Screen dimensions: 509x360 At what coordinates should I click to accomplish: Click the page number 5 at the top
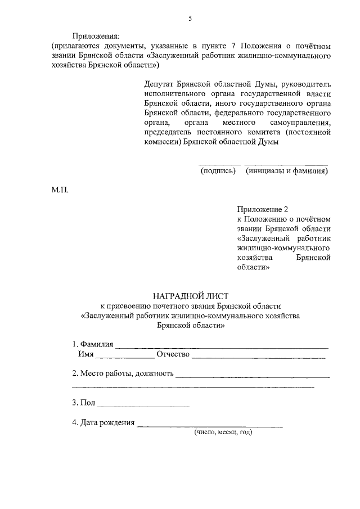[x=190, y=19]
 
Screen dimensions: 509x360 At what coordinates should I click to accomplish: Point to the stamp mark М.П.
[x=60, y=190]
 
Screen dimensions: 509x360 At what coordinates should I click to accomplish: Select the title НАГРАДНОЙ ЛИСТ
[x=191, y=295]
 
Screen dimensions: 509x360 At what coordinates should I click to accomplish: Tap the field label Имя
[x=85, y=354]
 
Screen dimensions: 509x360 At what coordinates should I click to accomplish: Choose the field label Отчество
[x=173, y=354]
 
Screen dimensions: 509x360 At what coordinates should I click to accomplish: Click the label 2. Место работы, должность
[x=123, y=374]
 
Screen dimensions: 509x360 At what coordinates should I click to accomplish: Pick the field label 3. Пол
[x=84, y=403]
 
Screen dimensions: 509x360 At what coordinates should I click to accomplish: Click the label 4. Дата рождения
[x=103, y=423]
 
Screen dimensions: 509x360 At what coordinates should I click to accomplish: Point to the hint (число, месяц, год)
[x=223, y=432]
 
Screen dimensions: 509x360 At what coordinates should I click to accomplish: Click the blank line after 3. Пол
[x=143, y=406]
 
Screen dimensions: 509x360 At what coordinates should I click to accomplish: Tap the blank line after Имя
[x=125, y=357]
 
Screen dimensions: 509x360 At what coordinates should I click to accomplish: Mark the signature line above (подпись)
[x=220, y=164]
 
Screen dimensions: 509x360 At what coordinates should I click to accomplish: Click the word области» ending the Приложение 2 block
[x=254, y=268]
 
